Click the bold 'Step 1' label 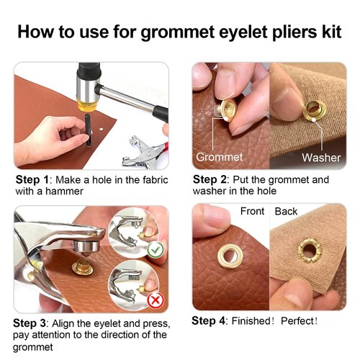pyautogui.click(x=32, y=179)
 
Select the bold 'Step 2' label pyautogui.click(x=210, y=179)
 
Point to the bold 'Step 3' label pyautogui.click(x=32, y=324)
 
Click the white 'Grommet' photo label pyautogui.click(x=218, y=156)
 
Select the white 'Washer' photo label pyautogui.click(x=320, y=156)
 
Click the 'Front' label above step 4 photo pyautogui.click(x=253, y=211)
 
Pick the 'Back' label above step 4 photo pyautogui.click(x=286, y=211)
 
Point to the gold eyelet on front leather pyautogui.click(x=234, y=256)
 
